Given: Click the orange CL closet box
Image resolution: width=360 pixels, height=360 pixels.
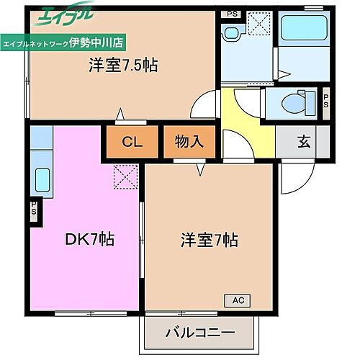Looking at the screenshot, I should click(x=131, y=142).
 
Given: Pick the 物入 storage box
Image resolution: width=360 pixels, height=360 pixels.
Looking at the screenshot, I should click(x=189, y=142).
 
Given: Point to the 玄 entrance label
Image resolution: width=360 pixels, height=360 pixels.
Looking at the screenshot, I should click(x=304, y=142).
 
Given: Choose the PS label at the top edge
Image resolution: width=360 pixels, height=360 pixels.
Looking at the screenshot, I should click(x=232, y=13).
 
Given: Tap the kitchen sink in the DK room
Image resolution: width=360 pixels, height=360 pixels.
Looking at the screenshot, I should click(x=42, y=179).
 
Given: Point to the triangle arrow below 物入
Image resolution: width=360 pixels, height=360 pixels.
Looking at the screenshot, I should click(x=199, y=169).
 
